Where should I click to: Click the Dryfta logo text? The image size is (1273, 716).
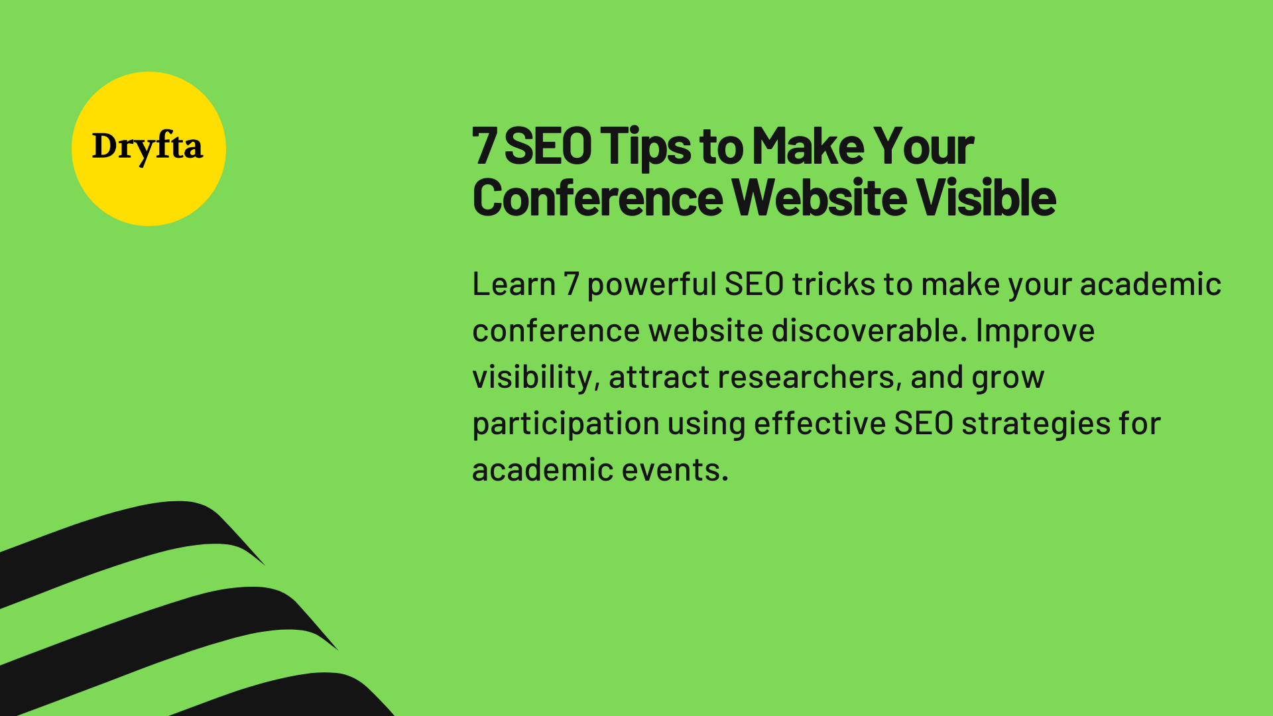point(147,147)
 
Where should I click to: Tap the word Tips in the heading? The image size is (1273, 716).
point(646,147)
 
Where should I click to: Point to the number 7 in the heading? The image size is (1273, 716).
point(484,147)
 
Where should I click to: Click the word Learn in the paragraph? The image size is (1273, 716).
point(514,284)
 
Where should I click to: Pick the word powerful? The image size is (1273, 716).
point(651,284)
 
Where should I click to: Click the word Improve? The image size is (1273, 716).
point(1035,331)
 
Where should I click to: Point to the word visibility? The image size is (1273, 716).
point(536,377)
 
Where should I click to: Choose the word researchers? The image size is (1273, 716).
point(810,377)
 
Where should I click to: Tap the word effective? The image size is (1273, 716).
point(819,424)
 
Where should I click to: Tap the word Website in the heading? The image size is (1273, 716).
point(819,198)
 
